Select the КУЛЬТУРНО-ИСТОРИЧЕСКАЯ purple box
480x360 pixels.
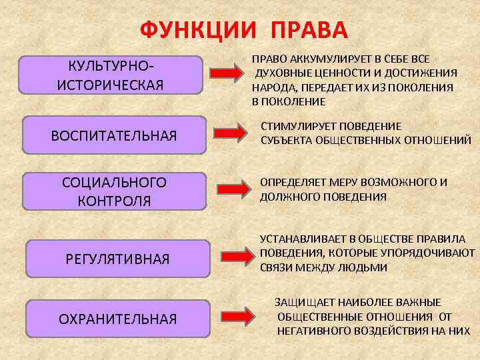111,75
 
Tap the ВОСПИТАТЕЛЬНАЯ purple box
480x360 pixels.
114,136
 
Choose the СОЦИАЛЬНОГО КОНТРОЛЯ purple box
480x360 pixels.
114,191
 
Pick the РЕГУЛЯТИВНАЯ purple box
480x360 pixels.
117,258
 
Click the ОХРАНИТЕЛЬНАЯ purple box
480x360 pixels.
118,319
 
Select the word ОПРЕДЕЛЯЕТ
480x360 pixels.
291,182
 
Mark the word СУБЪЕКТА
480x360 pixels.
285,140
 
